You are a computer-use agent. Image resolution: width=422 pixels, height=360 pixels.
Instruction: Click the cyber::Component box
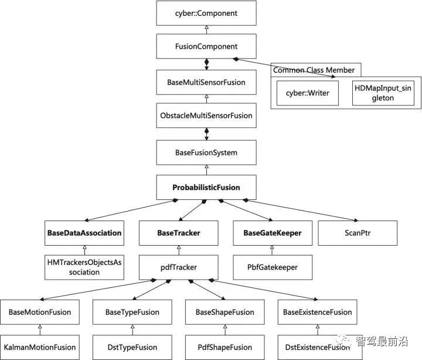pyautogui.click(x=206, y=13)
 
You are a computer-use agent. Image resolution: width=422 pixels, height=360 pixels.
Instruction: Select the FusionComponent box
pyautogui.click(x=206, y=46)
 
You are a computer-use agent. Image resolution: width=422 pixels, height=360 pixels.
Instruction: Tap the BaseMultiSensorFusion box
pyautogui.click(x=206, y=83)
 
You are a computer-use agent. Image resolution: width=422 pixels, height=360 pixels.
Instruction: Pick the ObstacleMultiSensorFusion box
pyautogui.click(x=206, y=116)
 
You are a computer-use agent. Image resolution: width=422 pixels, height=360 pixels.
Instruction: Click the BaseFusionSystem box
pyautogui.click(x=206, y=153)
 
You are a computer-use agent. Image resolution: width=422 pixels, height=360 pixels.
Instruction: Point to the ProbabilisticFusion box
pyautogui.click(x=206, y=188)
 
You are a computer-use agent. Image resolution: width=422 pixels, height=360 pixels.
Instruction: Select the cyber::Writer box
pyautogui.click(x=307, y=93)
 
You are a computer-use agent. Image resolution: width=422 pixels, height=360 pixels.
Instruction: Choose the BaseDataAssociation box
pyautogui.click(x=84, y=233)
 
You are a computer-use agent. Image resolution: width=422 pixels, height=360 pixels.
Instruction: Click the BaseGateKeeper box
pyautogui.click(x=272, y=233)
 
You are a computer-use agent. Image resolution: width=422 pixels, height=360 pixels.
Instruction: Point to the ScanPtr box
pyautogui.click(x=358, y=233)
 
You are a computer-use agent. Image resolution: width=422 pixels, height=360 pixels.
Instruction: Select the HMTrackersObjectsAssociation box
pyautogui.click(x=84, y=267)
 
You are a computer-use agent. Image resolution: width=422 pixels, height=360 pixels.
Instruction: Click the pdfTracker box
pyautogui.click(x=178, y=267)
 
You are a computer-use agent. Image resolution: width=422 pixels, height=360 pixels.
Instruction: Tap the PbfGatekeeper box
pyautogui.click(x=273, y=267)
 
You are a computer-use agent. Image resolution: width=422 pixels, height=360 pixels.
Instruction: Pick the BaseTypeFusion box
pyautogui.click(x=132, y=313)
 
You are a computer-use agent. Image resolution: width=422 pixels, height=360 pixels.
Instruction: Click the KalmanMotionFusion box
pyautogui.click(x=40, y=347)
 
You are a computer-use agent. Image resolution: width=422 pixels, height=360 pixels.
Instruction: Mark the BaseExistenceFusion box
pyautogui.click(x=317, y=313)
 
